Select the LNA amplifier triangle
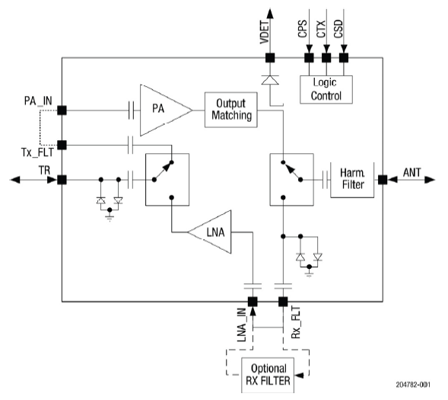[213, 232]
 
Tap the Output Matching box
[231, 110]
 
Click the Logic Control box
[326, 90]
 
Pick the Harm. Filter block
[352, 180]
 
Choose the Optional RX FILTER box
[268, 375]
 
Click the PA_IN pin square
[62, 110]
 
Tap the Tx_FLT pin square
[62, 145]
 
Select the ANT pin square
[383, 180]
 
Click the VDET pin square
[270, 58]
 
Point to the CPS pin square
[309, 58]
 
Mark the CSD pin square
[344, 58]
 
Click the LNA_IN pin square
[253, 302]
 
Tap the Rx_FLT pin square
[283, 302]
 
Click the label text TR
[44, 171]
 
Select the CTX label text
[321, 29]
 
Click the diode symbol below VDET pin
[270, 80]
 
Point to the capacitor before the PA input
[131, 110]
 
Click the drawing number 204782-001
[413, 385]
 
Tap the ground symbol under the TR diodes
[110, 218]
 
